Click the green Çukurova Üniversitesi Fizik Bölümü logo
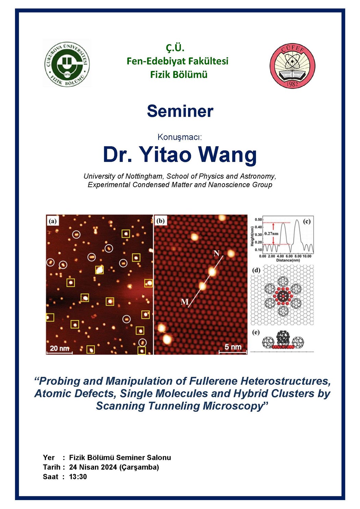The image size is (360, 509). (x=67, y=63)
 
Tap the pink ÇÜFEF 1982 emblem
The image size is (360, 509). (x=293, y=66)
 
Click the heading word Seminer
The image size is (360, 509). (x=180, y=111)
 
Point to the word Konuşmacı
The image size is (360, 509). (x=179, y=137)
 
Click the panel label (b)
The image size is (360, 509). (x=160, y=221)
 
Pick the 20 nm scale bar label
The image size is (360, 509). (x=59, y=348)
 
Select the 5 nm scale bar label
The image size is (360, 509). (x=233, y=347)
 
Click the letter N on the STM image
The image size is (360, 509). (x=216, y=253)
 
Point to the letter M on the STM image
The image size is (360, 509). (x=185, y=301)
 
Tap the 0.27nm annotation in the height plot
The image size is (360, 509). (x=271, y=233)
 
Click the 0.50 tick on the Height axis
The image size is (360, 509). (x=258, y=220)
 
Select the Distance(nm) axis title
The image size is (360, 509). (x=288, y=260)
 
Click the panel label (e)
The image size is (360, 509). (x=256, y=332)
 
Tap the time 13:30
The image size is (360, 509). (x=78, y=476)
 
